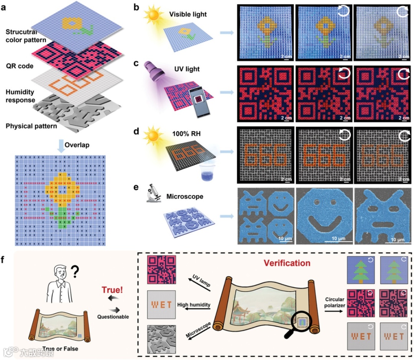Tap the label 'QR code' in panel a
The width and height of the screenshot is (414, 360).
pyautogui.click(x=20, y=66)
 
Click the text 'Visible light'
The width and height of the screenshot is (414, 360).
pyautogui.click(x=188, y=15)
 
